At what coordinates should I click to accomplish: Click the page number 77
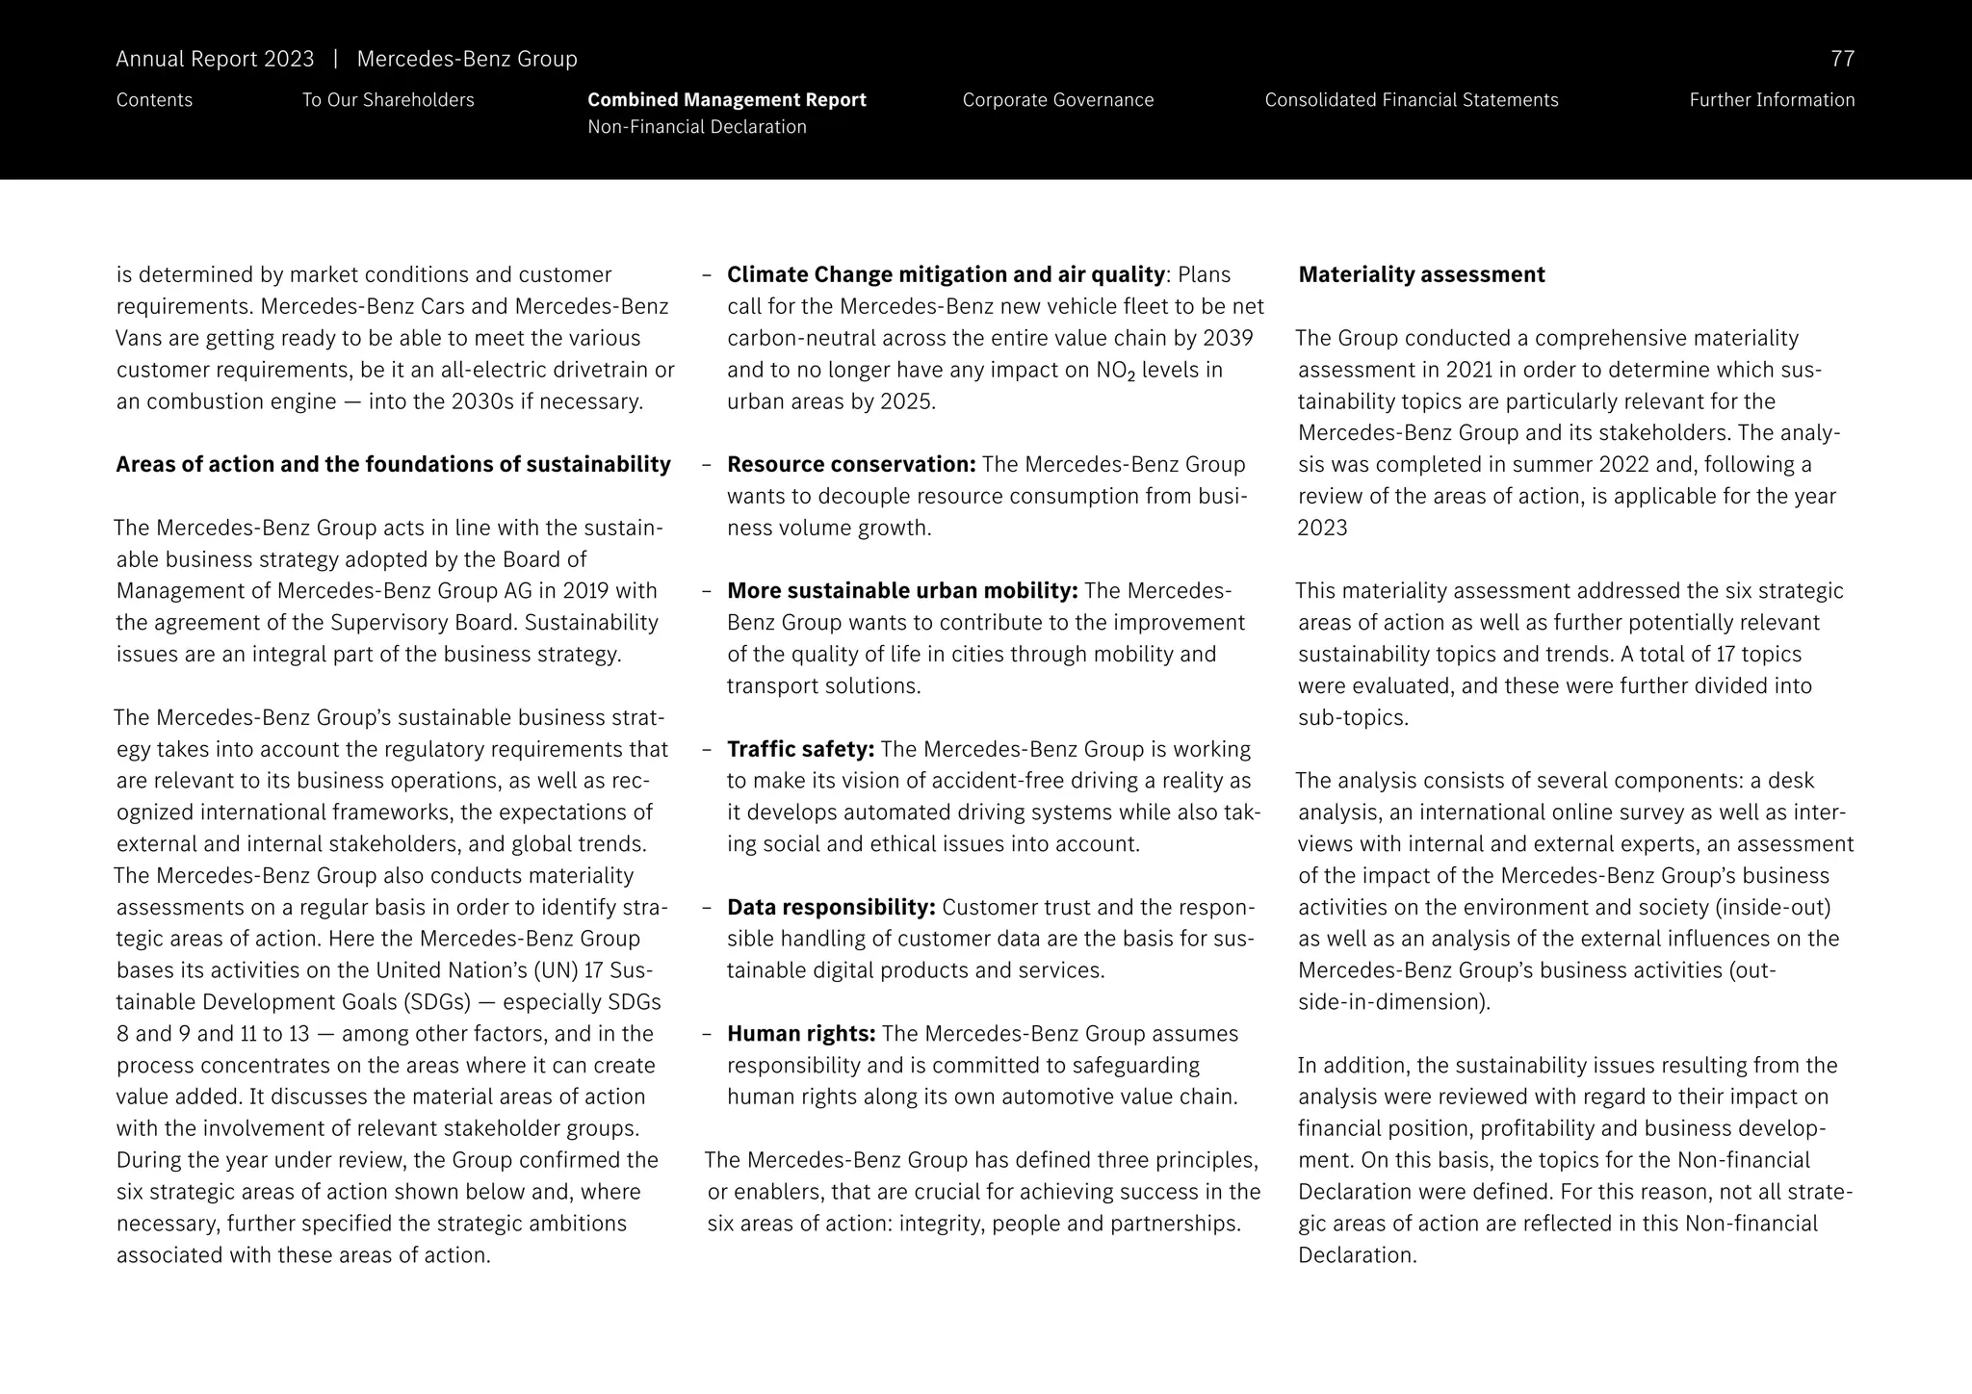click(x=1841, y=59)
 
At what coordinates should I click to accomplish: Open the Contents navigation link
click(x=154, y=100)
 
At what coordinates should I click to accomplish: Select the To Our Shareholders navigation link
click(x=388, y=100)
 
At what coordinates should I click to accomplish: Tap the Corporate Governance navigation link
click(x=1057, y=100)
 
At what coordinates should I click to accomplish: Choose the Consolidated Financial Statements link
click(x=1411, y=100)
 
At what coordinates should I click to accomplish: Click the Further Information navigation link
click(x=1771, y=100)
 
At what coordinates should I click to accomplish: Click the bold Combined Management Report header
click(x=726, y=100)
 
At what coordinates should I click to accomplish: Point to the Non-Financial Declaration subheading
click(x=696, y=127)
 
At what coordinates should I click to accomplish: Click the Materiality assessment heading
click(x=1421, y=274)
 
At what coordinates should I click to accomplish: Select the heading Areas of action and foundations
click(x=393, y=464)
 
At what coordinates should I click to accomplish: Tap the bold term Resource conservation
click(x=851, y=464)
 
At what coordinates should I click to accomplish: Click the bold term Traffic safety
click(x=800, y=749)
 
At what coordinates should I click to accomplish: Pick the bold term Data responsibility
click(x=831, y=907)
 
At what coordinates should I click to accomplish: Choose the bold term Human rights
click(x=801, y=1034)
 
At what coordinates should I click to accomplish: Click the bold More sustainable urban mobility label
click(x=902, y=590)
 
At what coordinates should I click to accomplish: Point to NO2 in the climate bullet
click(x=1115, y=371)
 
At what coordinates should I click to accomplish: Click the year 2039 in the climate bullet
click(x=1227, y=338)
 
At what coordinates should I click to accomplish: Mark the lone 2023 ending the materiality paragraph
click(x=1322, y=528)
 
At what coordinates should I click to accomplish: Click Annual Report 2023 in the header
click(x=215, y=59)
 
